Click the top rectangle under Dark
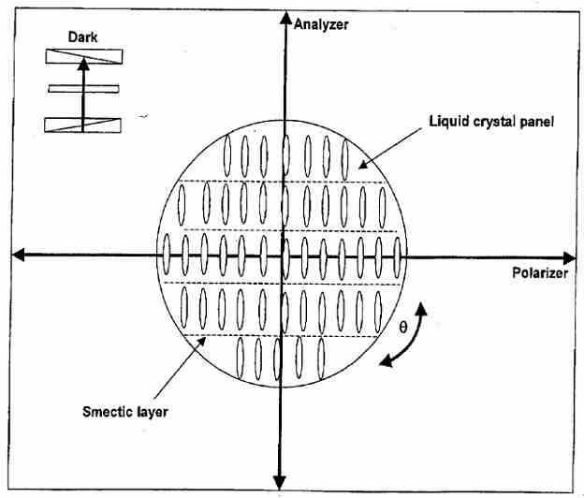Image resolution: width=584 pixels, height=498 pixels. click(83, 55)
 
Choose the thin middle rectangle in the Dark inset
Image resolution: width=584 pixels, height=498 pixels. click(84, 89)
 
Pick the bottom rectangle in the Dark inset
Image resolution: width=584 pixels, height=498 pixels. click(83, 124)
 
